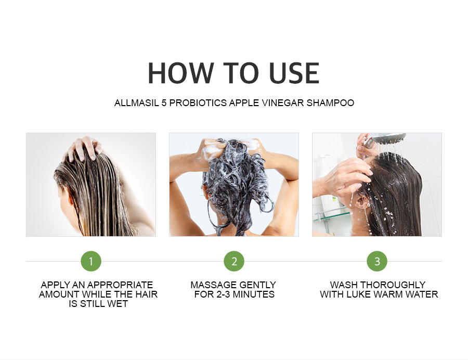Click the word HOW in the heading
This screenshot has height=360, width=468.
178,73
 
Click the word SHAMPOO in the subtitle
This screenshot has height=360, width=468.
331,103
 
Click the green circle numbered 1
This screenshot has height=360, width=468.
91,261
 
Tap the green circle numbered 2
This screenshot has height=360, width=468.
234,261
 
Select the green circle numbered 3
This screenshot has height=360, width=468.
377,261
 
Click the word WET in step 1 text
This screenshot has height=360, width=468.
119,304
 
